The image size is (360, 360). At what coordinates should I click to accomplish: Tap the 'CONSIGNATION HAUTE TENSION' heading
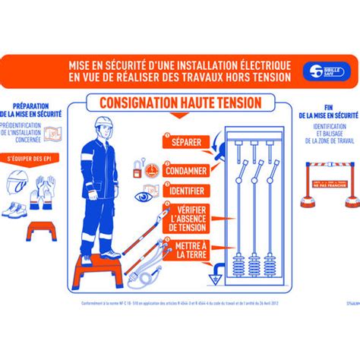tap(175, 102)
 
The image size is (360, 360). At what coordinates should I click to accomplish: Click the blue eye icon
tap(144, 196)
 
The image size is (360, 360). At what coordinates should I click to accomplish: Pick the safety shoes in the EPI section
tap(17, 209)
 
